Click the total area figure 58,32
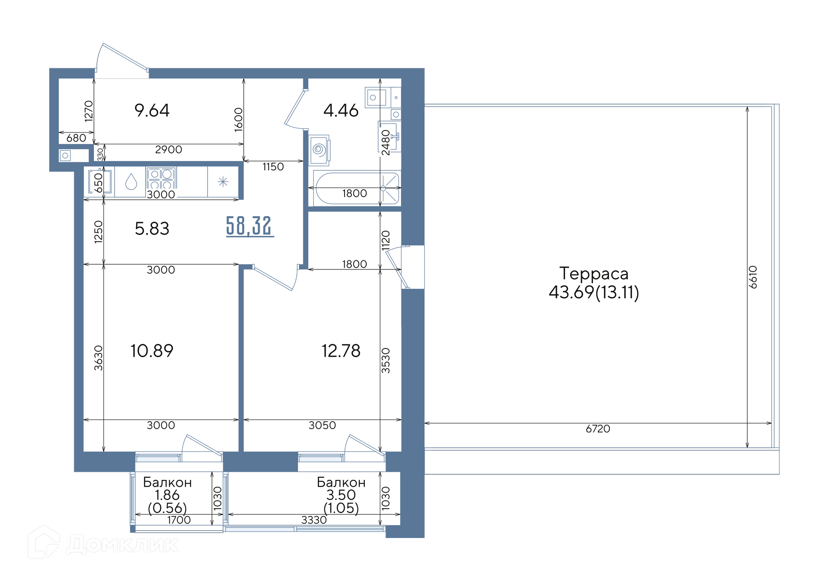250,226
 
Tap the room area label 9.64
152,110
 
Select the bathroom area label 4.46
341,111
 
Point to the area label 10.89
152,351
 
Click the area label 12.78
341,351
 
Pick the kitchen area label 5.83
152,229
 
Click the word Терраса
594,274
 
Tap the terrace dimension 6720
598,429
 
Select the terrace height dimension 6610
752,277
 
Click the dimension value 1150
273,167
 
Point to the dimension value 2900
168,149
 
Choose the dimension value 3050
322,425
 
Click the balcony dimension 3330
314,520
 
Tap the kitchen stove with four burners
161,178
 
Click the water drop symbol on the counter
131,182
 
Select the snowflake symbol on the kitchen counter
223,182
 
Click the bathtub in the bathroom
357,188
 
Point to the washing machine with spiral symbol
319,150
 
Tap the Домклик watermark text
123,545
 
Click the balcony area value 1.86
167,495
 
